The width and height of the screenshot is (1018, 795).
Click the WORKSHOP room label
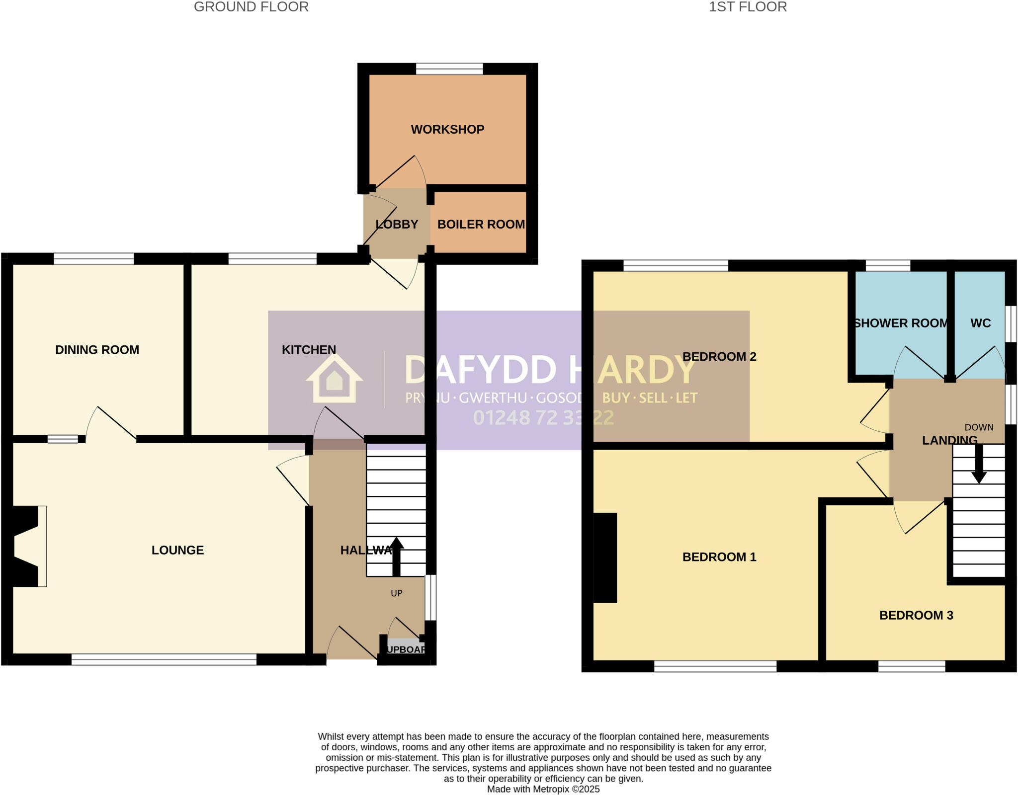[447, 130]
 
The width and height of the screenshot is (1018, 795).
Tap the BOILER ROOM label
[481, 225]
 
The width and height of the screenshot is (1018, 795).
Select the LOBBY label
[397, 225]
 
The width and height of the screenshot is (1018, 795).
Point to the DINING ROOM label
[97, 350]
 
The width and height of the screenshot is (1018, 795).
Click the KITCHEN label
[309, 350]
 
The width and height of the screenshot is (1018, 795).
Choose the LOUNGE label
[177, 550]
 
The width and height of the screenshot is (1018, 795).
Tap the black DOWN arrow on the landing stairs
[979, 465]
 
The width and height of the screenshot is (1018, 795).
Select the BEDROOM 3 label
[916, 616]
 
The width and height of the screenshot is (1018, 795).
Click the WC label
[980, 323]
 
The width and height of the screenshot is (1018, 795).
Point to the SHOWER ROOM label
[901, 323]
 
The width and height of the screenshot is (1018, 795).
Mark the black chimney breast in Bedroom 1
[605, 557]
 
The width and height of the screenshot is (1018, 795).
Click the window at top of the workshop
[449, 69]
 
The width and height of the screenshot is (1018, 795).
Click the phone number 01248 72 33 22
[543, 418]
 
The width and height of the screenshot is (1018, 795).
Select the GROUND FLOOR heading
[251, 7]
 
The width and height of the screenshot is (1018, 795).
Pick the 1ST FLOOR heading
[748, 7]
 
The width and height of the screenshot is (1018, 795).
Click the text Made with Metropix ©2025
[543, 789]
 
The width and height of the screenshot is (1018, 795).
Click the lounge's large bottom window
[164, 659]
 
